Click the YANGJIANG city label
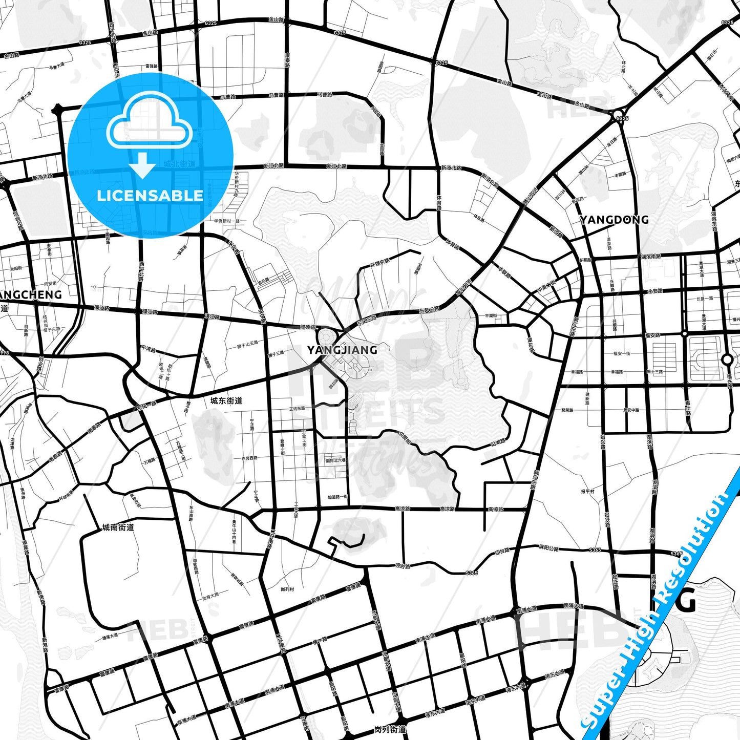click(342, 350)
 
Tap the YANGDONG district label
click(614, 220)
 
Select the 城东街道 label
click(226, 400)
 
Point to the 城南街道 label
click(118, 527)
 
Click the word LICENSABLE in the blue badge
click(150, 195)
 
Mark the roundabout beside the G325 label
click(618, 114)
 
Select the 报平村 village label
click(587, 491)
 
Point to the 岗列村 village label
click(287, 589)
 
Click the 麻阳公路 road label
click(549, 548)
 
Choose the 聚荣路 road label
click(567, 410)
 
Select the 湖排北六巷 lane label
click(335, 460)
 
